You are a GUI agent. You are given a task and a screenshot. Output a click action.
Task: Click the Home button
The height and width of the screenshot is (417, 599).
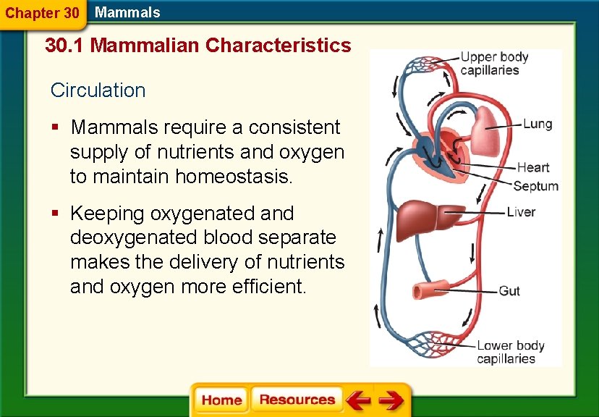221,400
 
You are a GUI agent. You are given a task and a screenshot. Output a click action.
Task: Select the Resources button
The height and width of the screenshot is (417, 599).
297,400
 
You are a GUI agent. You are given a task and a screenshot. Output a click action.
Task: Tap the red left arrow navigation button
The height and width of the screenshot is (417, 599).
358,400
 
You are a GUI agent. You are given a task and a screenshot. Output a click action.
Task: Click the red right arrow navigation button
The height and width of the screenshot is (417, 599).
391,400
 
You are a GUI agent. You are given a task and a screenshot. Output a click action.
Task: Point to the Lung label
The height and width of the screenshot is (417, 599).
538,124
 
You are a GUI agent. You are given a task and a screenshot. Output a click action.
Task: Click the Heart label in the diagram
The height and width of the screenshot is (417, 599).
533,168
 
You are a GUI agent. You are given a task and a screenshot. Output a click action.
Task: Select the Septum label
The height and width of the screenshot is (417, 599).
535,186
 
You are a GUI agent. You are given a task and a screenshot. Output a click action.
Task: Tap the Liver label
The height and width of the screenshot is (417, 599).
521,212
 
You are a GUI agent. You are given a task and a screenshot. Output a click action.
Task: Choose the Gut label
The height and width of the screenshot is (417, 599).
509,291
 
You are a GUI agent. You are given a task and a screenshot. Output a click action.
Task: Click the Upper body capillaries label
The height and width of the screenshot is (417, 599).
495,64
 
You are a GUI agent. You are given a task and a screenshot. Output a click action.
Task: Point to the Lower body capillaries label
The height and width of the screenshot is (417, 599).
510,352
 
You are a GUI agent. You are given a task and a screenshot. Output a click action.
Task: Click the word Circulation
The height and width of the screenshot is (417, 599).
98,90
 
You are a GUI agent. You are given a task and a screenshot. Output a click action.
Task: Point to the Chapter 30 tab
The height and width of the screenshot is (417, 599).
41,13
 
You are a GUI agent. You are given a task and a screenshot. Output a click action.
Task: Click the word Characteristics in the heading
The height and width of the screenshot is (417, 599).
278,46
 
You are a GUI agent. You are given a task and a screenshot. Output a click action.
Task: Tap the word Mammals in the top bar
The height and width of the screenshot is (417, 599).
127,12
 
